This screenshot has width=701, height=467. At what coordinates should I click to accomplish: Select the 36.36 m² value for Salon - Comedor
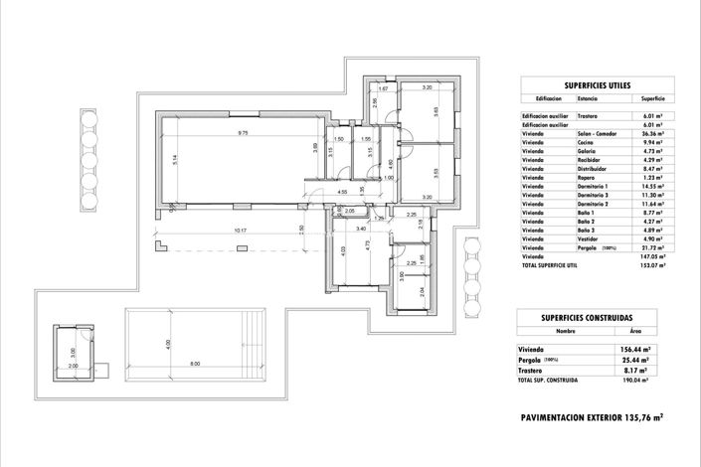(x=652, y=133)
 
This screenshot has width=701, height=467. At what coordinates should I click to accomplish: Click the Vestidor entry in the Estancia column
(x=588, y=238)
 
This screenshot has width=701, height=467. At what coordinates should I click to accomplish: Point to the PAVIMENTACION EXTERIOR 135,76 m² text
(x=592, y=417)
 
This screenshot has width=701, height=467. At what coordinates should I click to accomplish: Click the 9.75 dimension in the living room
(x=243, y=132)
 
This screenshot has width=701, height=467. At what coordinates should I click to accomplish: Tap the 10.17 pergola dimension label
(x=239, y=231)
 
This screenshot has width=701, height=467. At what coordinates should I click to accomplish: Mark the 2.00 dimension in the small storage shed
(x=72, y=365)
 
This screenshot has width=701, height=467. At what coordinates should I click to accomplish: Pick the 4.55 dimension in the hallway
(x=342, y=192)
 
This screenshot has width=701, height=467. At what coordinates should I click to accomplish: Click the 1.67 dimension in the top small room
(x=383, y=89)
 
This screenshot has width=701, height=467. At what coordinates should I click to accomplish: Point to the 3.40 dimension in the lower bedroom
(x=359, y=229)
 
